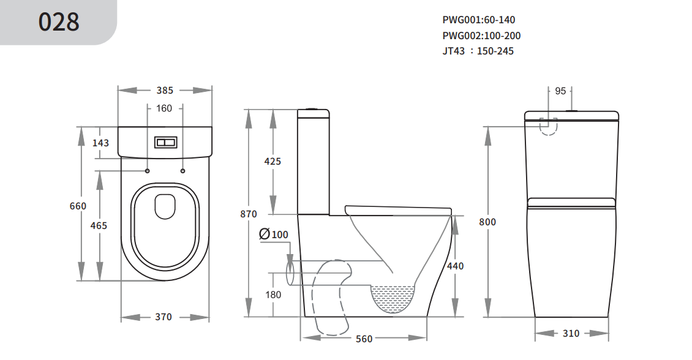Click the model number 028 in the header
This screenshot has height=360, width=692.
click(x=59, y=22)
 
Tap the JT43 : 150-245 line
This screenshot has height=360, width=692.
click(x=478, y=51)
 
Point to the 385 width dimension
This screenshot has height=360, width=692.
click(x=165, y=91)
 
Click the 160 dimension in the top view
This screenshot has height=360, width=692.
click(x=164, y=109)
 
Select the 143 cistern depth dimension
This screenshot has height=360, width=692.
click(x=100, y=143)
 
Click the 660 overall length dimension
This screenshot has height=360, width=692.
click(x=78, y=206)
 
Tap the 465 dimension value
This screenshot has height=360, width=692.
click(x=99, y=225)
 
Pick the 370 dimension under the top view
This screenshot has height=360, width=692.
click(x=163, y=317)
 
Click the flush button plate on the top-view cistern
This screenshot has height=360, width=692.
click(x=166, y=143)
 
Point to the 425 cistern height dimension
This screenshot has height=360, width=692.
click(x=272, y=162)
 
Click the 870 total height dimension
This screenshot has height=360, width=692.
click(x=249, y=214)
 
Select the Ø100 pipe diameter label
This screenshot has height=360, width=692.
click(x=273, y=234)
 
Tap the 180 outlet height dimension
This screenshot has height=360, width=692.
click(x=273, y=294)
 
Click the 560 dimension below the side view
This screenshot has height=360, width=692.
click(x=364, y=339)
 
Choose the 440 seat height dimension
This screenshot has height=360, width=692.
click(x=455, y=266)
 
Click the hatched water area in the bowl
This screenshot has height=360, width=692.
click(x=394, y=295)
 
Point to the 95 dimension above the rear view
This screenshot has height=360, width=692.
click(x=560, y=91)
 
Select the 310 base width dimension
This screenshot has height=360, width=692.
click(x=571, y=334)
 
